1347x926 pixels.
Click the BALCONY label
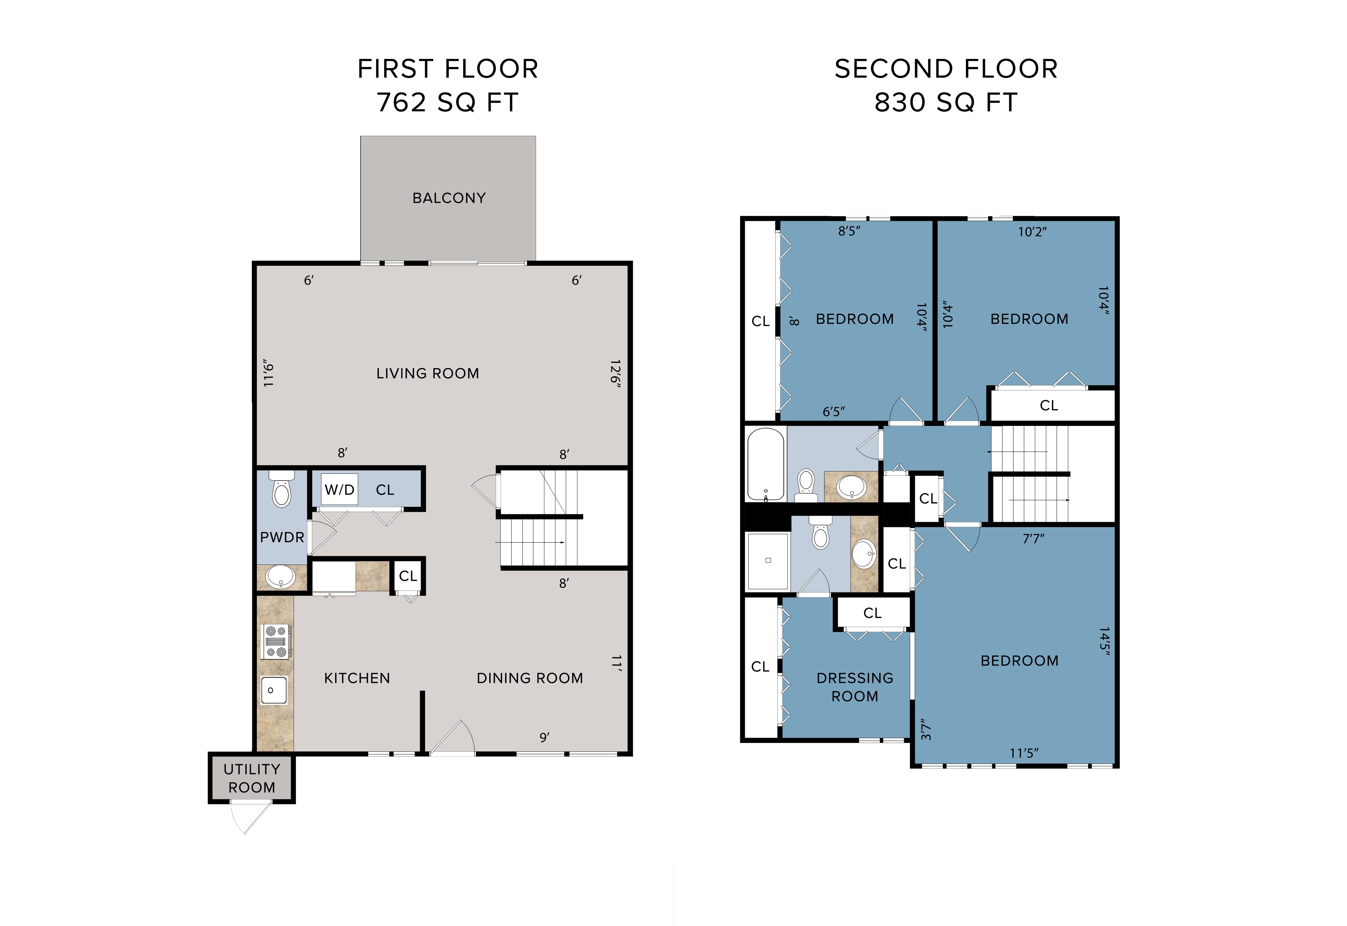(448, 198)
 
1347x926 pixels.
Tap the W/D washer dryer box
(339, 490)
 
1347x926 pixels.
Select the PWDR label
(282, 537)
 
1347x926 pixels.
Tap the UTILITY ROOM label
(252, 778)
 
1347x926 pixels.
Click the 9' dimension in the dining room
(544, 737)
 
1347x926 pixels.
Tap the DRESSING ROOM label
(855, 687)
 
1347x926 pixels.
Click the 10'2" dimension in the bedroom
(1032, 232)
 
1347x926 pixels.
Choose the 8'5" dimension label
(849, 231)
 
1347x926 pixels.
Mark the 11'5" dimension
(1024, 753)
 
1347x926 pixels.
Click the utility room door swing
(249, 818)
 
